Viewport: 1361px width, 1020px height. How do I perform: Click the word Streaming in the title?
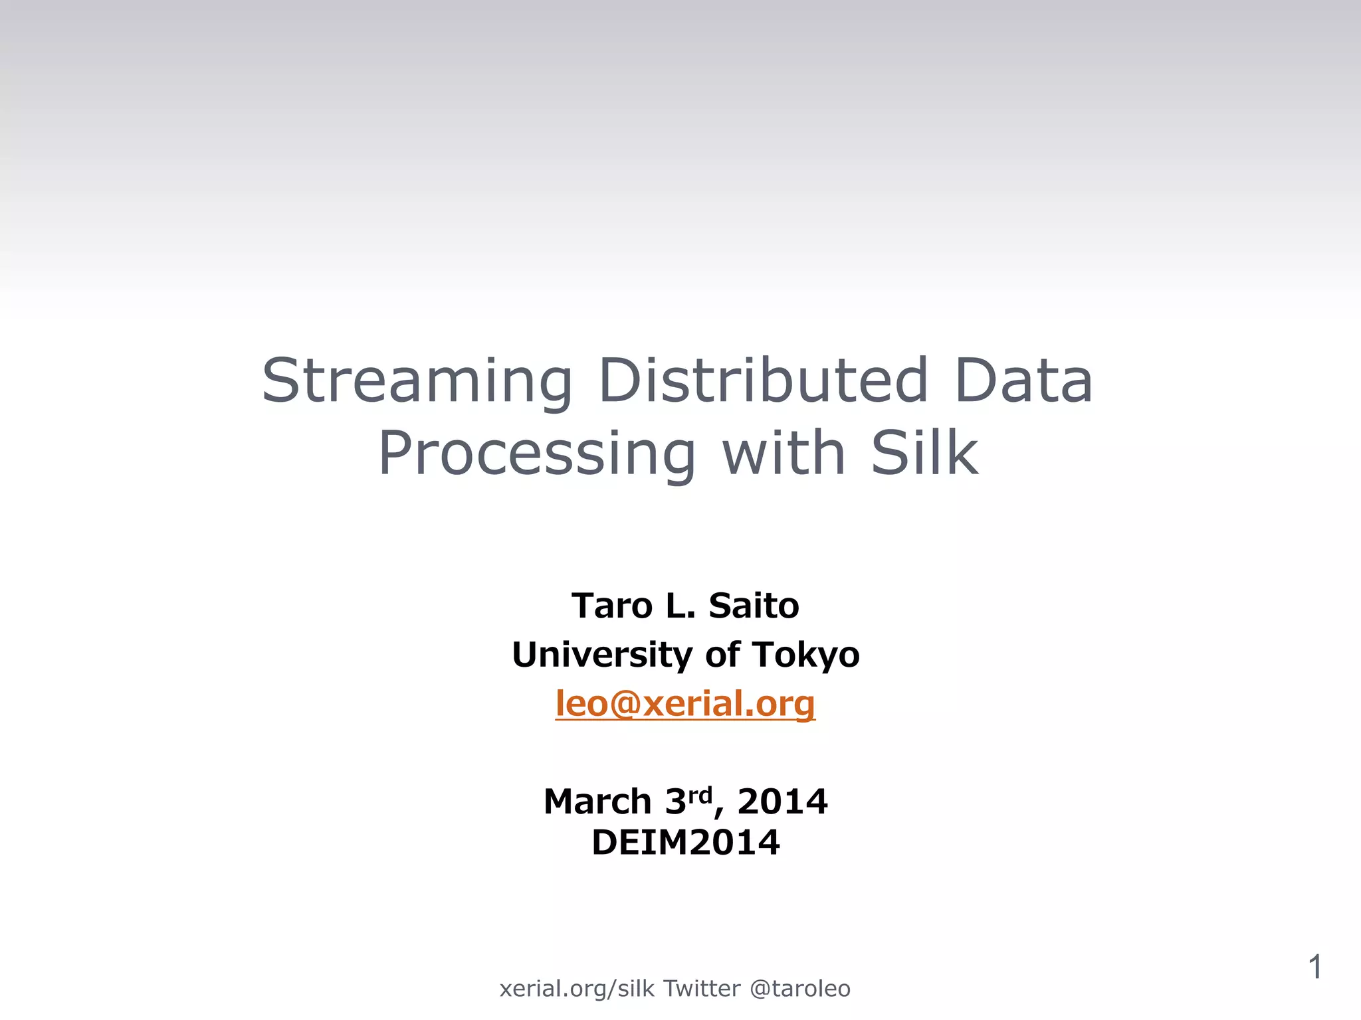[x=417, y=381]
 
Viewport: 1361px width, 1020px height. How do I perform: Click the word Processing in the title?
[x=537, y=454]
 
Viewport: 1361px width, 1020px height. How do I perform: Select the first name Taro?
[x=612, y=606]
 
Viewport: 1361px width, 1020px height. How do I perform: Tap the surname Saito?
[x=754, y=606]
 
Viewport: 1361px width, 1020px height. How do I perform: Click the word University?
[x=602, y=655]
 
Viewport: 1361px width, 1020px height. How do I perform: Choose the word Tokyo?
[x=806, y=655]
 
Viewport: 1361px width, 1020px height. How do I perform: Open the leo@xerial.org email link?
[x=685, y=703]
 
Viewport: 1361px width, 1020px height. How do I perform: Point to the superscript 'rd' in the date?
[x=700, y=794]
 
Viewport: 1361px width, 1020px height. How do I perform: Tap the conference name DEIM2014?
[x=685, y=843]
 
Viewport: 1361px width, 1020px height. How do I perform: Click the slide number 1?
[x=1314, y=967]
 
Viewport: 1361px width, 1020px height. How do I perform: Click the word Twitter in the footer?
[x=702, y=988]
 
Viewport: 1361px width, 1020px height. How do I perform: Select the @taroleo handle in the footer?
[x=799, y=989]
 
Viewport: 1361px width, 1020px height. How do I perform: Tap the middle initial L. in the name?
[x=680, y=606]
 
